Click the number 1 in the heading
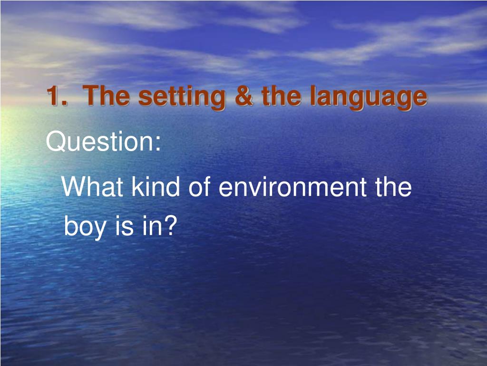53,96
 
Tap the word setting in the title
182,98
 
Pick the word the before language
281,96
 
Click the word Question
99,142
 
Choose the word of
200,186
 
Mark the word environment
292,187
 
